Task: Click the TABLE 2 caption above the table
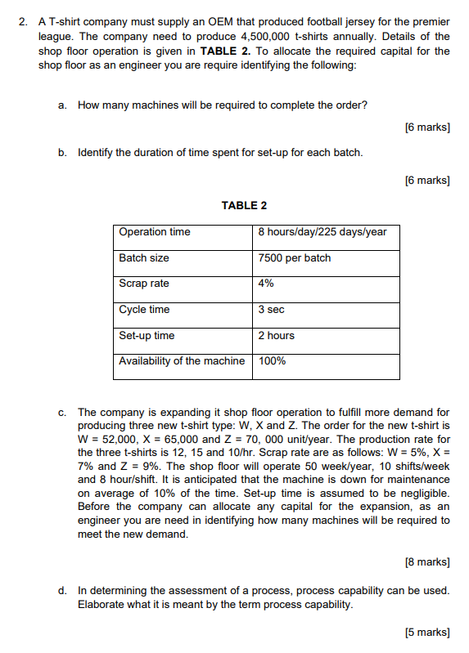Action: [x=244, y=205]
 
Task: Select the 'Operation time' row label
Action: [x=155, y=232]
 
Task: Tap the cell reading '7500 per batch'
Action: [x=294, y=258]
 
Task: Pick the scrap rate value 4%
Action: [x=266, y=284]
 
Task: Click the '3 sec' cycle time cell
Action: [x=271, y=310]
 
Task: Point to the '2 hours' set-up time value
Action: [x=276, y=336]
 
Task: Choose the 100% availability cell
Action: [x=272, y=361]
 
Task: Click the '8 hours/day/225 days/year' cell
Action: [x=322, y=232]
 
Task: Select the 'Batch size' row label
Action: [x=144, y=258]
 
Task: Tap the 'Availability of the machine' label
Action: [x=182, y=361]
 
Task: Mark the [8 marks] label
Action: [x=427, y=561]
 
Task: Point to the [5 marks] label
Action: [x=427, y=632]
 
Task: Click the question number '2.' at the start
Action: [x=24, y=22]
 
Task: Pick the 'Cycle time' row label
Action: [x=144, y=310]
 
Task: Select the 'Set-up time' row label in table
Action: [x=147, y=336]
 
